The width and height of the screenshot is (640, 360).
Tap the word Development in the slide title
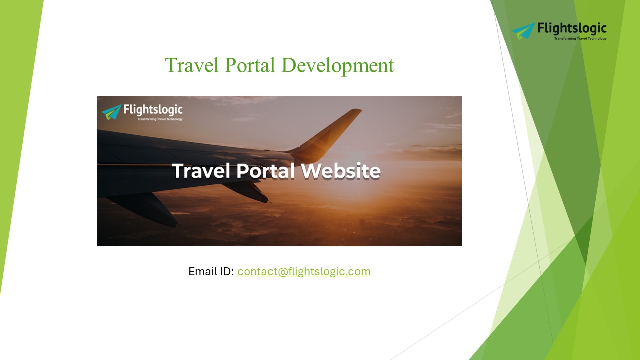coord(337,65)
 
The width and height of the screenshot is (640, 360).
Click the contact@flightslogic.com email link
coord(304,272)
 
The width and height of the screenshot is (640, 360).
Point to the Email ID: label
coord(211,272)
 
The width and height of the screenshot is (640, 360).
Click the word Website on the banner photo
coord(341,171)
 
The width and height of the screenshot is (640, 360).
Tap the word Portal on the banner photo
coord(265,171)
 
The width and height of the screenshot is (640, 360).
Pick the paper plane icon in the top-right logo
coord(523,30)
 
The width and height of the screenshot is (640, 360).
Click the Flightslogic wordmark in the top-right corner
coord(572,28)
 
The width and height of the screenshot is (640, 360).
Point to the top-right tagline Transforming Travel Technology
coord(580,38)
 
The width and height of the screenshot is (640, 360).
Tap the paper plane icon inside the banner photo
coord(111,112)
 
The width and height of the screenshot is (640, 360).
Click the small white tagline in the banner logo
coord(160,119)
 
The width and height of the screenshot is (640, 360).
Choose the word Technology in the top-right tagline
coord(597,38)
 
